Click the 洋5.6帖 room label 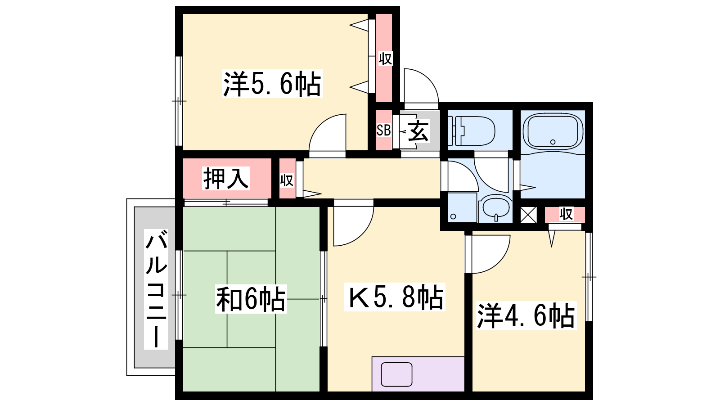272,84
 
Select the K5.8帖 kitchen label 395,297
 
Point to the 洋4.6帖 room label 526,315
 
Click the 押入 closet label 226,178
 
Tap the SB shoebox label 384,130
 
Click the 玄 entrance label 418,131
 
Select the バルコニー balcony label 156,289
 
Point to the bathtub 553,132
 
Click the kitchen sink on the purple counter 396,374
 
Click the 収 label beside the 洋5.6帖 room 385,59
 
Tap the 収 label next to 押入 287,180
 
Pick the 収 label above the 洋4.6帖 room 566,214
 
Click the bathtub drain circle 553,142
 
